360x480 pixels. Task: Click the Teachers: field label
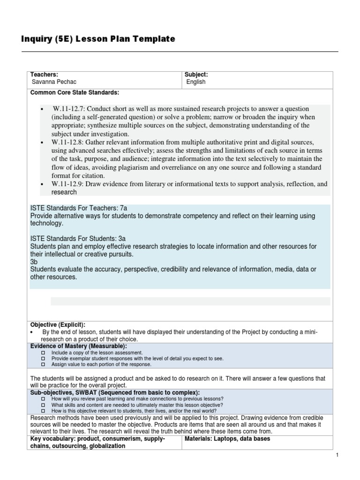click(44, 75)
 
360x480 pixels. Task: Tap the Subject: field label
click(196, 75)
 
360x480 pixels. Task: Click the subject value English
click(195, 82)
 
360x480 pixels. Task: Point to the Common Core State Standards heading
click(75, 92)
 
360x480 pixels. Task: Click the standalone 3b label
click(34, 262)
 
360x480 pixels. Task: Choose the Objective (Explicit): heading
click(58, 324)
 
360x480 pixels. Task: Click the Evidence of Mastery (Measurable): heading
click(79, 345)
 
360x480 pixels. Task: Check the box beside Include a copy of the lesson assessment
click(43, 352)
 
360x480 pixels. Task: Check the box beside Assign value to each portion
click(43, 364)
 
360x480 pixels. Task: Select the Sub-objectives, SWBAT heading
click(115, 392)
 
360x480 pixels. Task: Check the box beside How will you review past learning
click(43, 398)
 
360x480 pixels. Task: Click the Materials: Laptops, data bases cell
click(227, 439)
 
